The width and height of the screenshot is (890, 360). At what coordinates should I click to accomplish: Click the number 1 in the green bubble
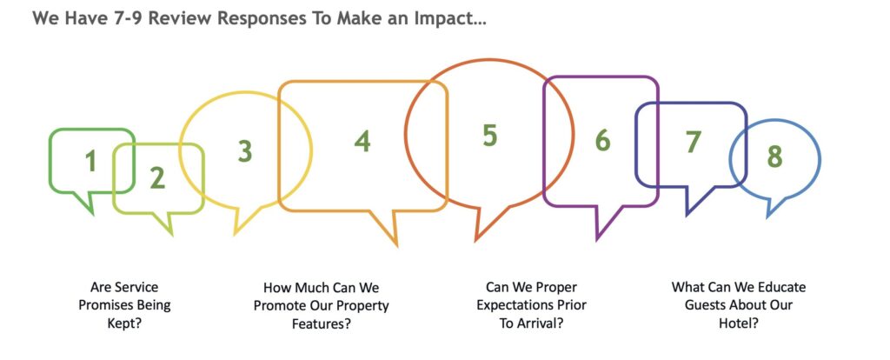(90, 161)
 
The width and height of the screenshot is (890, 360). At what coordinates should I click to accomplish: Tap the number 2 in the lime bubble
(157, 178)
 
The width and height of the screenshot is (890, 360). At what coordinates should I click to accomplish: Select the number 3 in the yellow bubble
(244, 151)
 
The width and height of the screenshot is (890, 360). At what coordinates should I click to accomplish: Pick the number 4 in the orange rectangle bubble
(362, 141)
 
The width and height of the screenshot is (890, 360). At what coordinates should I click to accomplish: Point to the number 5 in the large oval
(490, 136)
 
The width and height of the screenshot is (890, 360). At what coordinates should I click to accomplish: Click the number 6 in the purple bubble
(603, 141)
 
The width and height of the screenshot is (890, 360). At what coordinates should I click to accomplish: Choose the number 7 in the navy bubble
(693, 143)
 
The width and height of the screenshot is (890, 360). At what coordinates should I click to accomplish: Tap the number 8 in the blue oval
(774, 157)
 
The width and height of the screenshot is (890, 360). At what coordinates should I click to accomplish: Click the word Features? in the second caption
(322, 324)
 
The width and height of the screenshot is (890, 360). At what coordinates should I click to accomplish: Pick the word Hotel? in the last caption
(739, 323)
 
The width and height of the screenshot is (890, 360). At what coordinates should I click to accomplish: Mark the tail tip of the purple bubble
(597, 240)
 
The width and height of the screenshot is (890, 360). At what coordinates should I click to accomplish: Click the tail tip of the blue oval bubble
(768, 217)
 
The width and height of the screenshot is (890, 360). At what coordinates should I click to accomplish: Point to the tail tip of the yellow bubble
(235, 234)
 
